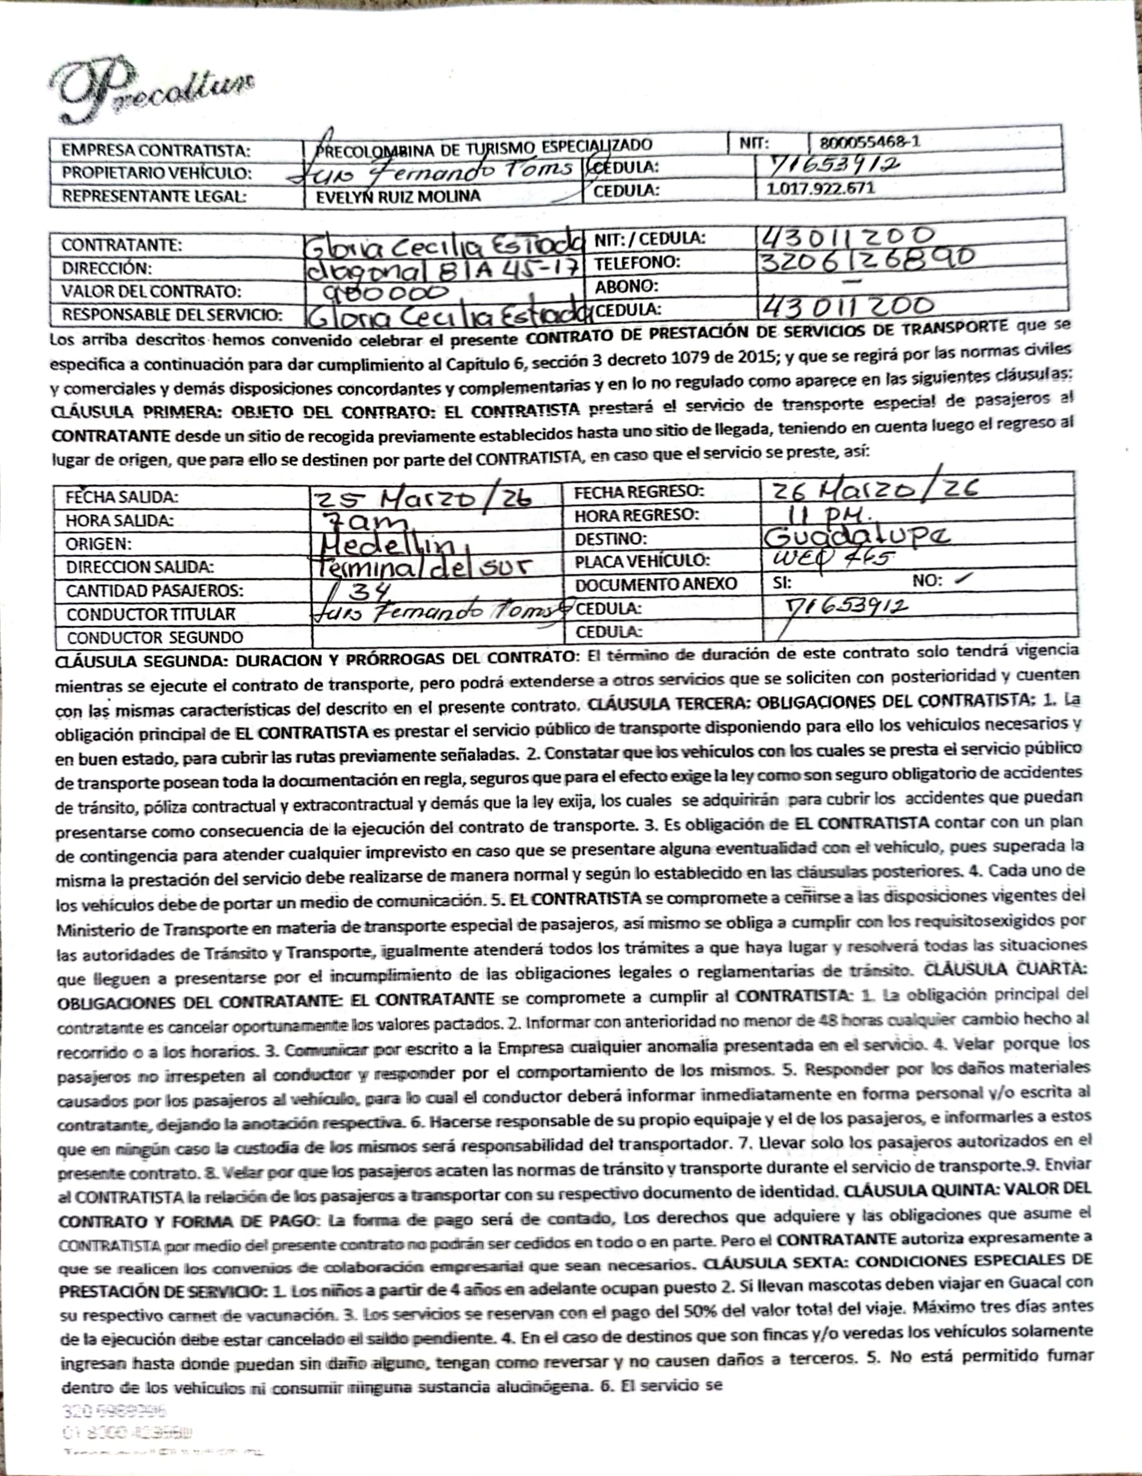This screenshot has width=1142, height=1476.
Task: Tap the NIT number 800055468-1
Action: (x=869, y=143)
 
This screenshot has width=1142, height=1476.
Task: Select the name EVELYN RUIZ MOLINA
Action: (x=399, y=197)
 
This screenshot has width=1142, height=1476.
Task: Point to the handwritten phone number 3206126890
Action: (x=865, y=259)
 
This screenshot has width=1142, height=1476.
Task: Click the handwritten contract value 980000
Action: (x=388, y=292)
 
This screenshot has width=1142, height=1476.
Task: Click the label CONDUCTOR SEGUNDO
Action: (x=155, y=637)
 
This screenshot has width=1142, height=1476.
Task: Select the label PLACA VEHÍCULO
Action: (x=642, y=561)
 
